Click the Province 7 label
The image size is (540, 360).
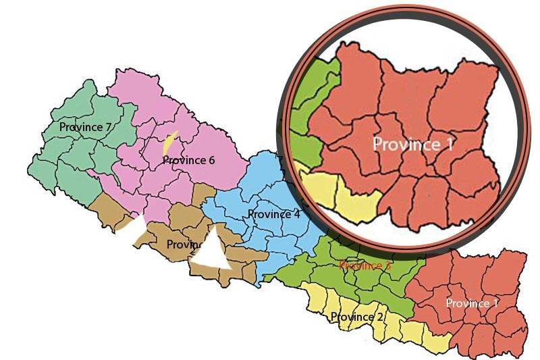(85, 127)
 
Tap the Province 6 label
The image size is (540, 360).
(188, 160)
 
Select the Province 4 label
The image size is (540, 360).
(273, 214)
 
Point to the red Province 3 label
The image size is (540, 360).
(364, 265)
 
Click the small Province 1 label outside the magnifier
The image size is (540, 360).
(472, 303)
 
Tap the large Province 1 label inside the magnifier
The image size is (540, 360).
(414, 143)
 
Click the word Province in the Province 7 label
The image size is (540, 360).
(80, 127)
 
